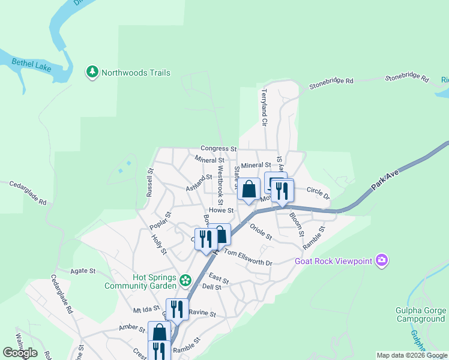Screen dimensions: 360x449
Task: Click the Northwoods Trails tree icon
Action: (92, 73)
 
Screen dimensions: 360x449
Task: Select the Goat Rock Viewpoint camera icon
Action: (381, 260)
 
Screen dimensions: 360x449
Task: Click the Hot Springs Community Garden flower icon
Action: (185, 280)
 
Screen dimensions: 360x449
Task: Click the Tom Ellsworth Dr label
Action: (248, 257)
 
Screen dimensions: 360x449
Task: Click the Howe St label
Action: (221, 211)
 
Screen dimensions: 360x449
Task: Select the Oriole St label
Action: (262, 231)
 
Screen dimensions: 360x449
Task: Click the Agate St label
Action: (83, 271)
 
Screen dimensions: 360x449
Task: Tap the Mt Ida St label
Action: (145, 311)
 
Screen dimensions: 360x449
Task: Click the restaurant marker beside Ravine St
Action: (176, 308)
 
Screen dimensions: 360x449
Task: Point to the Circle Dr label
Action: (318, 193)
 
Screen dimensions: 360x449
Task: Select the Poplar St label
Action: (160, 221)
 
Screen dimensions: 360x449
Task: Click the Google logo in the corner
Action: (20, 353)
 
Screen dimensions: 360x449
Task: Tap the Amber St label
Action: (132, 328)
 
